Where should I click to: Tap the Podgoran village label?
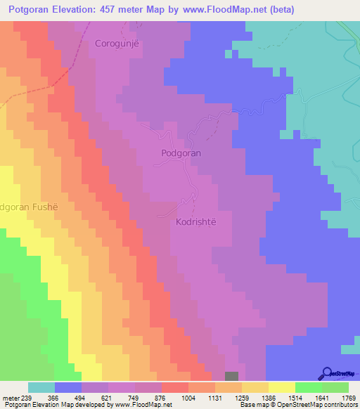[181, 152]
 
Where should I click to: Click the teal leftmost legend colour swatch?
[41, 387]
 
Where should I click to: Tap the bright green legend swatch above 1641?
[308, 387]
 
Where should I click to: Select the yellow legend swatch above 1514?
[281, 387]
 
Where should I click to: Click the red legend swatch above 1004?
[174, 387]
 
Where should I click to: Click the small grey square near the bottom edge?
[232, 377]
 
